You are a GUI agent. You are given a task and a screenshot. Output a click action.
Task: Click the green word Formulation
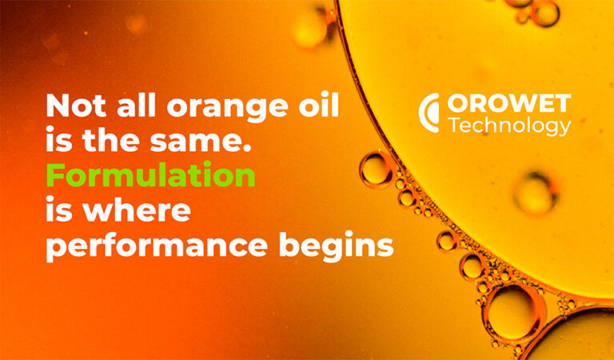[151, 174]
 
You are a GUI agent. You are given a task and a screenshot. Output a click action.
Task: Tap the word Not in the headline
[77, 106]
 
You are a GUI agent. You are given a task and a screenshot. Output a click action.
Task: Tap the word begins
[336, 246]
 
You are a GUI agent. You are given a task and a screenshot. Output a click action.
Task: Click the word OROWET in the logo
[509, 103]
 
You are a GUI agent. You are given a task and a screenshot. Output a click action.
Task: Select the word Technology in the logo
[509, 126]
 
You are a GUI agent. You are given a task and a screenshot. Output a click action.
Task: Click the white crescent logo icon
[428, 113]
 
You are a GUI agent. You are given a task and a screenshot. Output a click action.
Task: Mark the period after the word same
[246, 149]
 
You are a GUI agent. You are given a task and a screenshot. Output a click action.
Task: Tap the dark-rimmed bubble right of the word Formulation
[375, 170]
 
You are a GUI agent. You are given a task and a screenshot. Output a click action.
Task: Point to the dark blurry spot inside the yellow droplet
[535, 194]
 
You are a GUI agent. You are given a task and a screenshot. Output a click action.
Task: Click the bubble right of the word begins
[446, 241]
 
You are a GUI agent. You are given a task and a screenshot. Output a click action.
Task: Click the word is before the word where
[59, 209]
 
